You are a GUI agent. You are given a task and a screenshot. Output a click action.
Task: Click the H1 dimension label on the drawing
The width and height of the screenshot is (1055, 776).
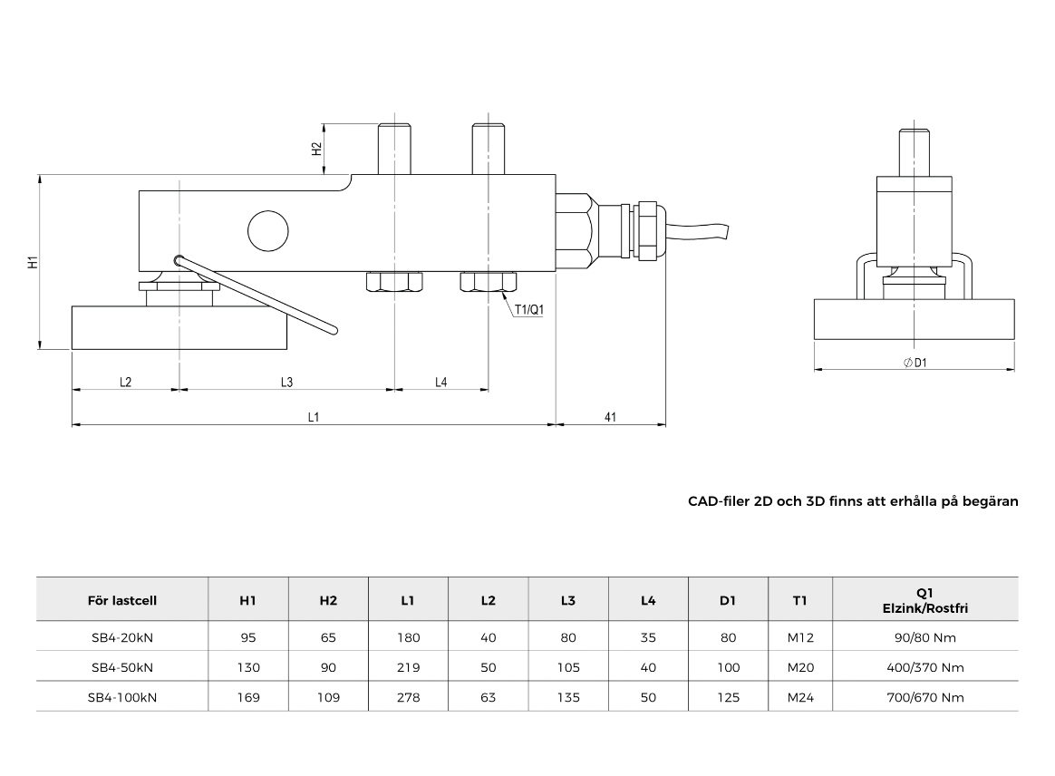tap(33, 263)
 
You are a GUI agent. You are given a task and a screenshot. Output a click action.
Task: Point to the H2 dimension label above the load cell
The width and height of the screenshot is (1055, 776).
tap(317, 150)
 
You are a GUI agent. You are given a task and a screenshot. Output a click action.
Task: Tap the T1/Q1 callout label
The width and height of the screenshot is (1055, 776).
tap(528, 310)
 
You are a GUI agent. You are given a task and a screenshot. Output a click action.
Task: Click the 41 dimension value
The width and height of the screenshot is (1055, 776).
tap(610, 417)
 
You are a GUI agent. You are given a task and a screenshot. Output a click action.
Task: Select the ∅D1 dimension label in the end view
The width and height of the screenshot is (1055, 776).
tap(915, 363)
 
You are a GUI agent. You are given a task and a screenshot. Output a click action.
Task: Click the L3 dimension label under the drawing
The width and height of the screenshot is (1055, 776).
tap(286, 383)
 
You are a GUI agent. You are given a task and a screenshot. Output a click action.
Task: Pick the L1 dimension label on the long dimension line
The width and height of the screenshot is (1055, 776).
tap(314, 417)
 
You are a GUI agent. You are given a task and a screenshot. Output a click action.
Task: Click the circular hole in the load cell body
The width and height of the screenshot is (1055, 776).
tap(267, 231)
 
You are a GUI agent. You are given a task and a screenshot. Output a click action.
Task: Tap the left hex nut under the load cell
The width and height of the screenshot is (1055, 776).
tap(395, 281)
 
